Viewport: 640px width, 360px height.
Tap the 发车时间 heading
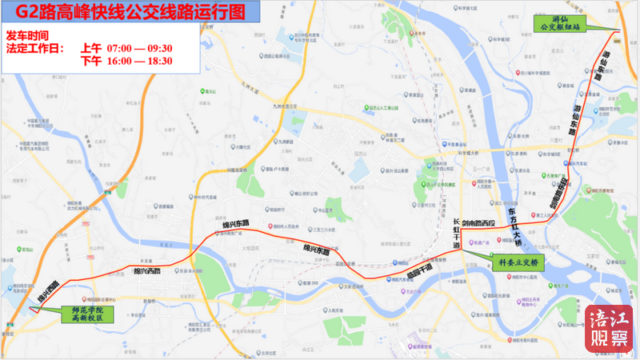[x=27, y=36]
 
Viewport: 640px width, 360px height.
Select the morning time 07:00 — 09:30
[x=139, y=48]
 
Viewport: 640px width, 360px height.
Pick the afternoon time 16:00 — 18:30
[x=139, y=61]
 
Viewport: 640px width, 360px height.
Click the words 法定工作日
[x=34, y=48]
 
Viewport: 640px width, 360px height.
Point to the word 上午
[x=91, y=48]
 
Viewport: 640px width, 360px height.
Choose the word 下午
[x=91, y=61]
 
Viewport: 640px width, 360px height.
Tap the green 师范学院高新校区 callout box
[x=88, y=312]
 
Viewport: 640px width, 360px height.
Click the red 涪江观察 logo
[x=608, y=330]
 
